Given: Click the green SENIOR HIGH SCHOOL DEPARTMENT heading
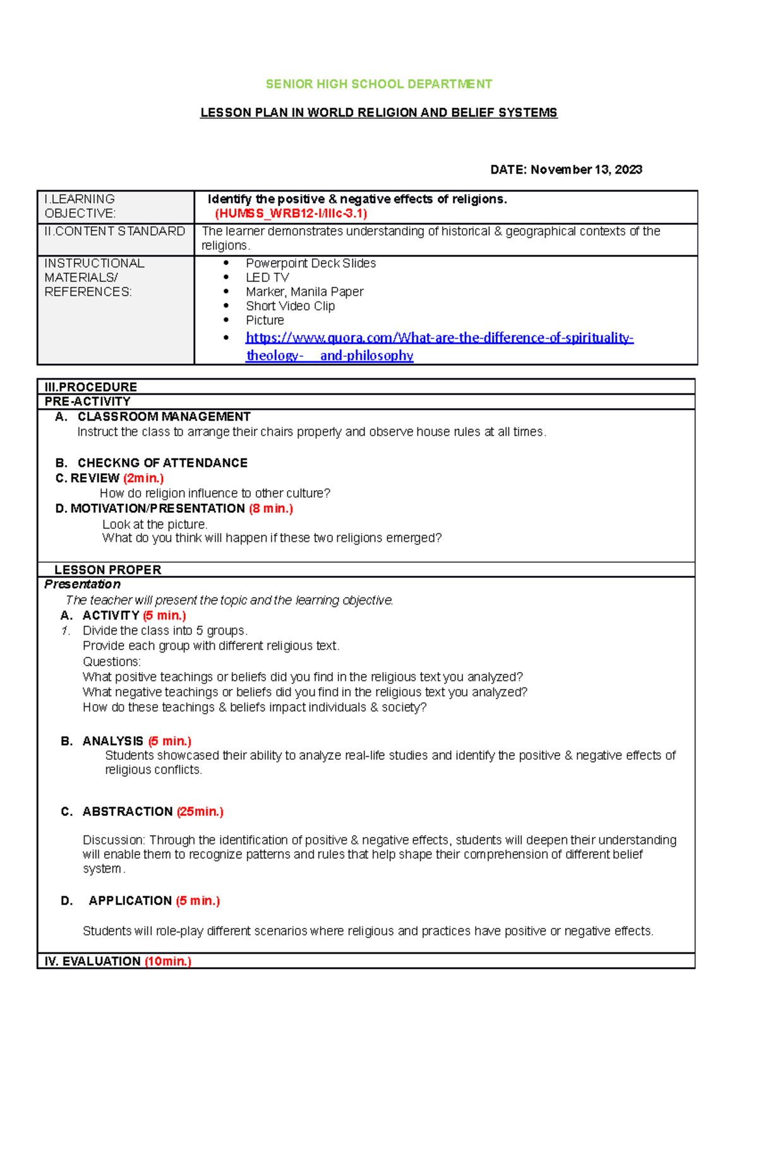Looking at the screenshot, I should (x=378, y=84).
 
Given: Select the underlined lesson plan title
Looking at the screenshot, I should (x=378, y=113).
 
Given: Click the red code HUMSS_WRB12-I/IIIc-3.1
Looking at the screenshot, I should (x=291, y=213).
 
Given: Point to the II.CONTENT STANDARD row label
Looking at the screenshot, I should (x=114, y=231).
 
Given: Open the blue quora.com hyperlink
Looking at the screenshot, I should (x=439, y=338).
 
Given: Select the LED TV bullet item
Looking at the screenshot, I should (x=267, y=277).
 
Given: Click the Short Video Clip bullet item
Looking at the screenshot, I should (x=290, y=306).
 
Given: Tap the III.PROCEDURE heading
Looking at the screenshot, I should (x=90, y=387).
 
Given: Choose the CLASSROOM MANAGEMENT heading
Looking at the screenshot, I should (x=164, y=417).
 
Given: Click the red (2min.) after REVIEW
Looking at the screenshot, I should (x=143, y=478).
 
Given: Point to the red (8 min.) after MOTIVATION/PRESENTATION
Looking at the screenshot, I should (x=271, y=508).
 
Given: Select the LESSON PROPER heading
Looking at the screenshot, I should (x=107, y=570).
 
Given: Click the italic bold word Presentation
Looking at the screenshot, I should (x=82, y=584).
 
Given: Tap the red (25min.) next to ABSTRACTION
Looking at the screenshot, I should (x=200, y=812).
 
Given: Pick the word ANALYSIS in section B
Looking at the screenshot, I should (x=112, y=741).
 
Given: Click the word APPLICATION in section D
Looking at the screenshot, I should (x=130, y=901).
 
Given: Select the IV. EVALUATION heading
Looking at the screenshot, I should (x=92, y=961).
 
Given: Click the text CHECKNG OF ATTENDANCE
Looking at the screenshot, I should (x=162, y=463).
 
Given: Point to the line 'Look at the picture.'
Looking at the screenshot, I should (x=155, y=524).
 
